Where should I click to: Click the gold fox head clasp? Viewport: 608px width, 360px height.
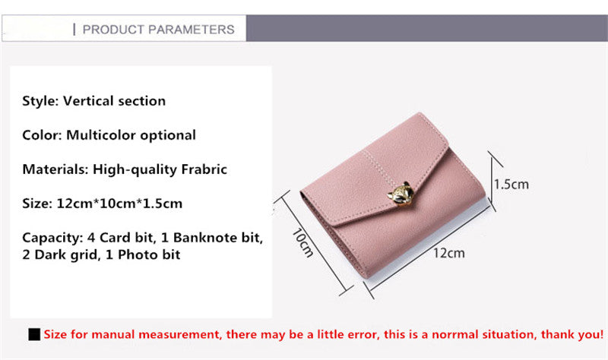click(x=401, y=194)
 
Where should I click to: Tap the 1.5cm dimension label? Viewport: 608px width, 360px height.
click(x=511, y=185)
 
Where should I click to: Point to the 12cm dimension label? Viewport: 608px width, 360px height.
click(x=448, y=253)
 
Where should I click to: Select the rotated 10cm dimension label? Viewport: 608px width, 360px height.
click(x=302, y=243)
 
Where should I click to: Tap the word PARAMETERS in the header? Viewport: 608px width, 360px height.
click(x=192, y=30)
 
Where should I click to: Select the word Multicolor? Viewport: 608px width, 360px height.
click(x=101, y=135)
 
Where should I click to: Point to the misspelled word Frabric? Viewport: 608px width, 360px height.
click(x=204, y=169)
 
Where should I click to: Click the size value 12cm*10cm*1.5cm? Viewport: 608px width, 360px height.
click(x=119, y=204)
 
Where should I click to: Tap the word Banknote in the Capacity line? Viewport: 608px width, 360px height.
click(x=205, y=238)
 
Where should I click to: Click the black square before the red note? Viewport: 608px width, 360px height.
click(x=34, y=334)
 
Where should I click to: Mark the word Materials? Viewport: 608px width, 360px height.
click(x=55, y=169)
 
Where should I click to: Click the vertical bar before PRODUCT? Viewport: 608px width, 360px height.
click(x=74, y=30)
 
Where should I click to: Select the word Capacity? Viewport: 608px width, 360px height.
click(x=52, y=238)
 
